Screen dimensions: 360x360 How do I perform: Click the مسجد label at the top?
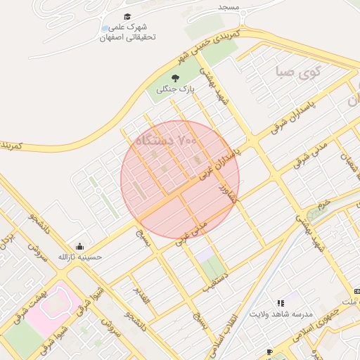tap(229, 7)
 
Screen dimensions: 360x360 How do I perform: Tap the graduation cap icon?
tap(127, 16)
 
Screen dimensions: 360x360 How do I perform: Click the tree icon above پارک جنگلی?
tap(175, 78)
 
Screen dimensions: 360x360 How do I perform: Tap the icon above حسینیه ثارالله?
tap(80, 246)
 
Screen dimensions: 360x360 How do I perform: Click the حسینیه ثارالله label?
tap(80, 257)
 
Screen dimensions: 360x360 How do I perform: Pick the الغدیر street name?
tap(141, 295)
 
